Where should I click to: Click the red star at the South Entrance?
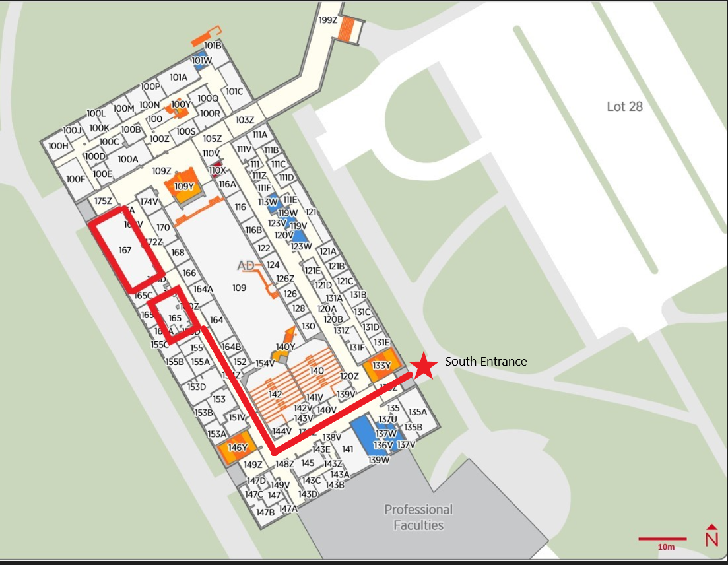(423, 366)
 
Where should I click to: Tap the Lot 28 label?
(624, 106)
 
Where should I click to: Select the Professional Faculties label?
(418, 517)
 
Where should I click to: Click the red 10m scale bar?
(663, 539)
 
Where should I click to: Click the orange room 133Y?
(381, 366)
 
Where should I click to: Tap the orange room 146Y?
(237, 448)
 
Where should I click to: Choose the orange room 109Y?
(184, 185)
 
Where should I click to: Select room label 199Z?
(328, 20)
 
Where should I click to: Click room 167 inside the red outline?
(125, 250)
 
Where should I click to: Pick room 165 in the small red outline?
(175, 318)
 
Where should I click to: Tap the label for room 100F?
(76, 178)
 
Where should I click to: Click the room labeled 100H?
(58, 146)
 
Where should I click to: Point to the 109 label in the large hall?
(239, 288)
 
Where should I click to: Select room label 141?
(348, 449)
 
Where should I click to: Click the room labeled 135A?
(418, 412)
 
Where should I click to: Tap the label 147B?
(265, 512)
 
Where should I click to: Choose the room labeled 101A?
(179, 77)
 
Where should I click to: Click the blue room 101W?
(202, 61)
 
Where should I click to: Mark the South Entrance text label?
(486, 362)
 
